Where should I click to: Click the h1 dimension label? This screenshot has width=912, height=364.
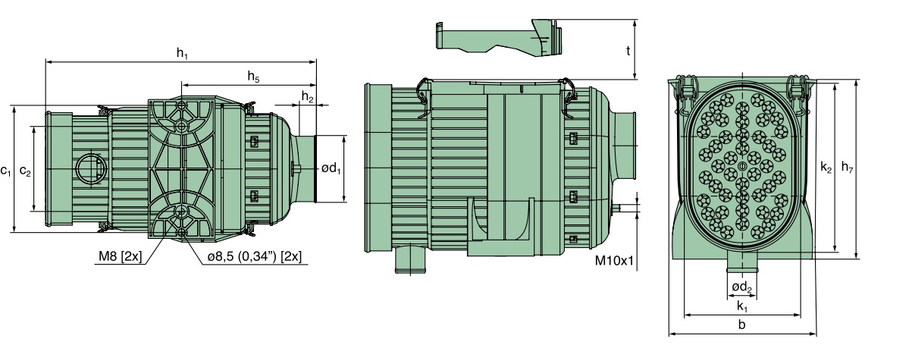point(182,52)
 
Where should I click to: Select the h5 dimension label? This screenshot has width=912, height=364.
point(253,76)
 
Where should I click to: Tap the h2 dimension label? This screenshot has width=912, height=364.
point(307,96)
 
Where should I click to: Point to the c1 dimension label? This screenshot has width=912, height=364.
point(6,171)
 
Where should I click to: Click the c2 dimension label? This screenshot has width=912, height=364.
point(25,171)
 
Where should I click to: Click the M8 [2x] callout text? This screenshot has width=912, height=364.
point(120,257)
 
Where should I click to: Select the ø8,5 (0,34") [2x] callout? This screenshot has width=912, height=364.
point(254,257)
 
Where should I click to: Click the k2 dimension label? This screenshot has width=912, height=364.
point(826,168)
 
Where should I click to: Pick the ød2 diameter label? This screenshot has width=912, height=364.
point(741,287)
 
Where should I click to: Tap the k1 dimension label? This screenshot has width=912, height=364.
point(741,306)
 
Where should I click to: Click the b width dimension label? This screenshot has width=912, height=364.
point(741,325)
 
